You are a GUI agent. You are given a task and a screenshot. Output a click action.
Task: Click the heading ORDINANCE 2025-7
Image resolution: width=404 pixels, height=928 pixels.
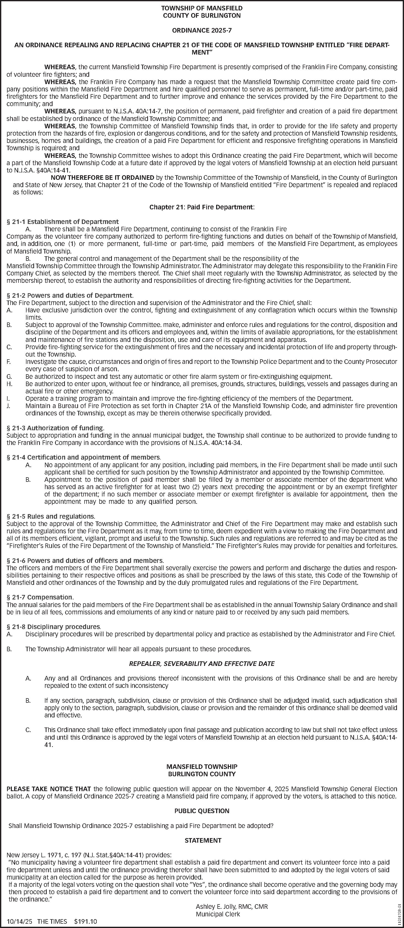tap(202, 31)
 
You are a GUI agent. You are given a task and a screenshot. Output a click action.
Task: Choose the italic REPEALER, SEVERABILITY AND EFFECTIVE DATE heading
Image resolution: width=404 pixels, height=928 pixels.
tap(202, 664)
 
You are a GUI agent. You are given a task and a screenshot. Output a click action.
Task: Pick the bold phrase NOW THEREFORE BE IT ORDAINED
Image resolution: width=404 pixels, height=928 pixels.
tap(103, 178)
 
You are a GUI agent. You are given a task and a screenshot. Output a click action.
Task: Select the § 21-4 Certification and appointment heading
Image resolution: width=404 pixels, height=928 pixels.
tap(84, 458)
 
